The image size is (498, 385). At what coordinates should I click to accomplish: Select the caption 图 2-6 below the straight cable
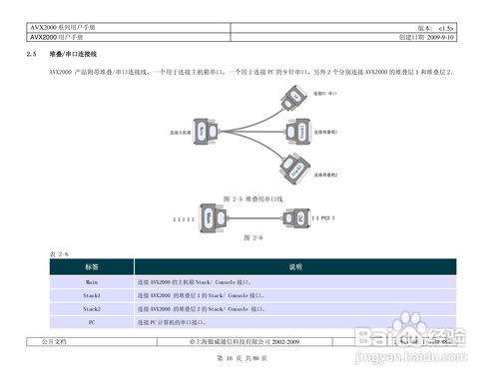(250, 237)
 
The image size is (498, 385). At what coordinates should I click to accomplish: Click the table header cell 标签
(91, 267)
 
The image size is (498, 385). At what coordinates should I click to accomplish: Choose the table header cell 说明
(295, 267)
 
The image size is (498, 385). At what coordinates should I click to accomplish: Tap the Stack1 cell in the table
(91, 296)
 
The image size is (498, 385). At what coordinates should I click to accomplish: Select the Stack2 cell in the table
(91, 310)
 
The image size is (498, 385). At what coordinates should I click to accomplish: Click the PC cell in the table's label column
(91, 324)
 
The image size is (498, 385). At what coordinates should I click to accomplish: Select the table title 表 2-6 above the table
(59, 254)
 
